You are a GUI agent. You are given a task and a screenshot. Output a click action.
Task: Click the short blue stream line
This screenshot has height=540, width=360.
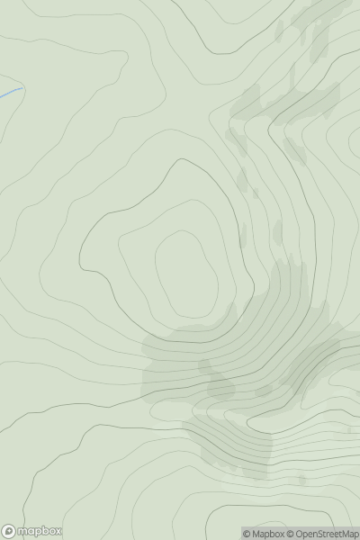(10, 93)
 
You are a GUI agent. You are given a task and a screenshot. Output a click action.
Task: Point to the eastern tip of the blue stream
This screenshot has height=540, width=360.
(21, 89)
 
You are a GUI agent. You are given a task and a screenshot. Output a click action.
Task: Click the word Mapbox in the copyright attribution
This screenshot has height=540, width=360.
(268, 534)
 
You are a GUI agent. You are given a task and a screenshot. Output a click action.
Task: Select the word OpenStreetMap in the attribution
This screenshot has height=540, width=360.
(326, 534)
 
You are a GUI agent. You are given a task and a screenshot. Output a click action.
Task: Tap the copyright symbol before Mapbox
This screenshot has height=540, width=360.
(247, 534)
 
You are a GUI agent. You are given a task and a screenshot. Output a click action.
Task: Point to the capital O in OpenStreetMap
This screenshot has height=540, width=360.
(298, 534)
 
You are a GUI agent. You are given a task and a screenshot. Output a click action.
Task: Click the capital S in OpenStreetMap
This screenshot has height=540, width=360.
(322, 534)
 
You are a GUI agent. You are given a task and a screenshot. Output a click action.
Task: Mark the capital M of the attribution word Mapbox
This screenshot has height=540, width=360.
(256, 534)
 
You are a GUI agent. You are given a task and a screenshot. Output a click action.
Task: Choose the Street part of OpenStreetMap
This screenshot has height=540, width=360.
(331, 534)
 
